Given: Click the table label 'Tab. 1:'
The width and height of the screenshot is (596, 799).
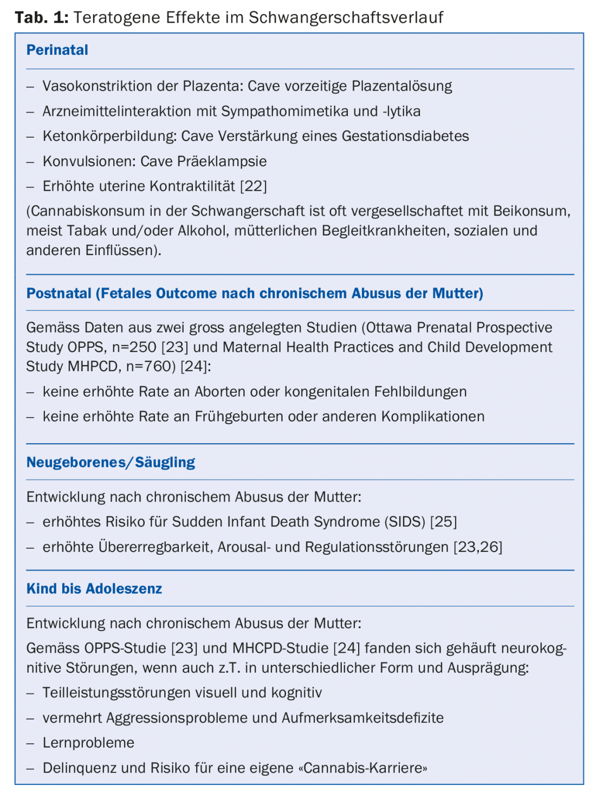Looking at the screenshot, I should coord(42,17).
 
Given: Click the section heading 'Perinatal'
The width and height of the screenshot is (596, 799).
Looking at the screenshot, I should coord(57,50).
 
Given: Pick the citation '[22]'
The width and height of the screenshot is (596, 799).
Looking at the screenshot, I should coord(254,186).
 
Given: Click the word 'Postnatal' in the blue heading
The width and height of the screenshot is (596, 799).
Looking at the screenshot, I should coord(59,294).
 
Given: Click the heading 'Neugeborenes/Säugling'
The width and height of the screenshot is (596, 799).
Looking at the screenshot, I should coord(111,463).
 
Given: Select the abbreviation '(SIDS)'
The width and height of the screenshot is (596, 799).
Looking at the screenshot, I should coord(405,522).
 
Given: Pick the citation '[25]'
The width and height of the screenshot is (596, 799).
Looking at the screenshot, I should coord(443,522).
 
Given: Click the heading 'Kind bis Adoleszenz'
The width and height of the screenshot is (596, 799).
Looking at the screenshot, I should coord(94,589).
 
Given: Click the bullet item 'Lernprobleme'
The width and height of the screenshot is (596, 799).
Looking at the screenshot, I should coord(88,743).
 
